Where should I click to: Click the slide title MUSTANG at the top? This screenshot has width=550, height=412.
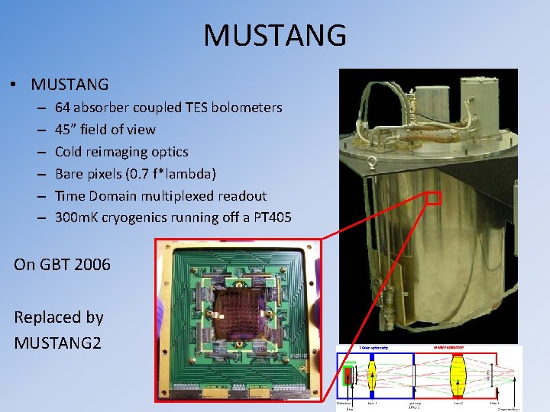(275, 34)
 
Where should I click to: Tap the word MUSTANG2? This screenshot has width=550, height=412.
(57, 343)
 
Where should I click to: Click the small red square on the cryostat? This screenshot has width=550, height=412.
(434, 198)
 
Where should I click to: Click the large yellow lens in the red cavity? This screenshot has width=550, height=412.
(458, 373)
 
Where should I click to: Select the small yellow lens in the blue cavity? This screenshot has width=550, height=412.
(373, 378)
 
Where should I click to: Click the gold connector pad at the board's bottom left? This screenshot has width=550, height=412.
(183, 390)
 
